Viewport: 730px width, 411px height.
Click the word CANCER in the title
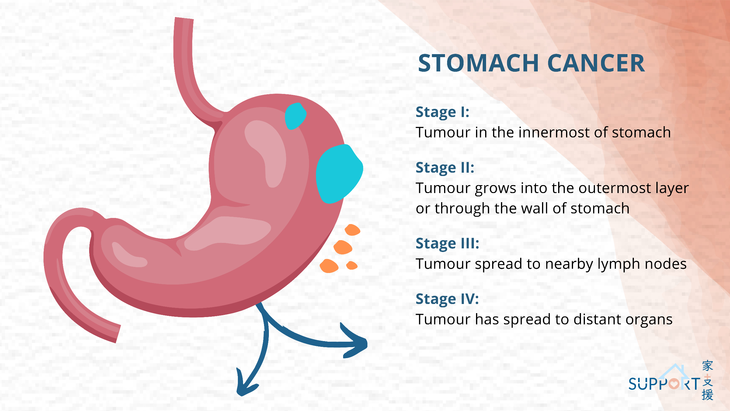pos(596,63)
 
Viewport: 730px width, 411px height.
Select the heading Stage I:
pos(443,112)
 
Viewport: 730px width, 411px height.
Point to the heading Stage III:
pos(447,244)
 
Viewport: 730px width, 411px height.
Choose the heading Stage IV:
pos(447,299)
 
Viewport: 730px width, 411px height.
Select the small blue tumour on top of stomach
pos(295,116)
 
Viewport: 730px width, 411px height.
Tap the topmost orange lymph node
pos(352,230)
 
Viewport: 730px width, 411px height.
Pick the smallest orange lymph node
pos(352,265)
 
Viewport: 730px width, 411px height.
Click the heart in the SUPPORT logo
pos(674,384)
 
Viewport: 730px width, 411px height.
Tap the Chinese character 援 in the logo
pos(707,395)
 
